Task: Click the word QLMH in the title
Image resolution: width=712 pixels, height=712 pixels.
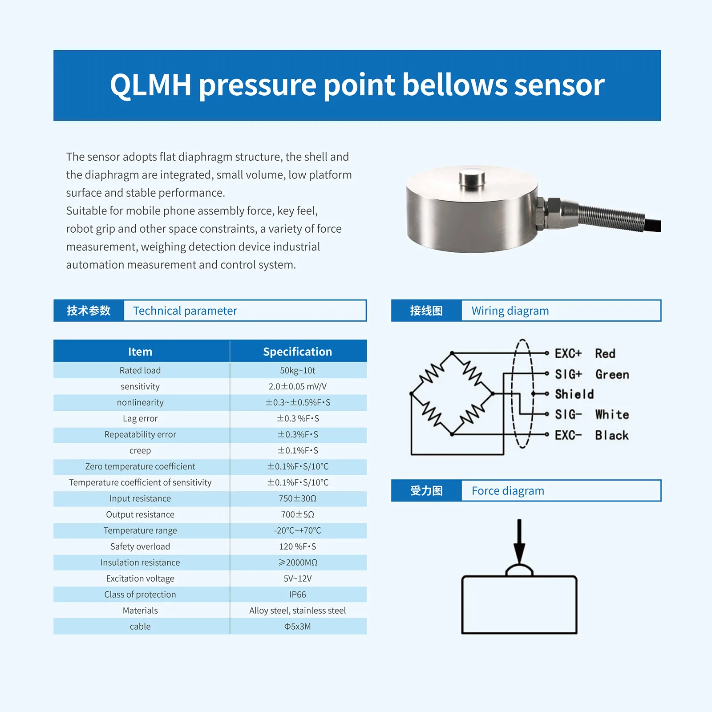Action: [x=151, y=85]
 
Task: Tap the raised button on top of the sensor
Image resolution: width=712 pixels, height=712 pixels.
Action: [x=472, y=178]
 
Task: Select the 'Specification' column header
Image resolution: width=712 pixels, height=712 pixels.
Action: [x=298, y=352]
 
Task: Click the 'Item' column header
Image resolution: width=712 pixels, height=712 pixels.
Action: [x=140, y=352]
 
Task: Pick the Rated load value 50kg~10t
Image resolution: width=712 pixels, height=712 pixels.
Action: [x=298, y=370]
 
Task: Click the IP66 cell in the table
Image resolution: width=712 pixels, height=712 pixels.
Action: [x=298, y=595]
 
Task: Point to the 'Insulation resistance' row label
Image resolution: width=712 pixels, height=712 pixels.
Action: [x=140, y=562]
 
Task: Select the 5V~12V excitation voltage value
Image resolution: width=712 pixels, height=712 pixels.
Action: [x=298, y=578]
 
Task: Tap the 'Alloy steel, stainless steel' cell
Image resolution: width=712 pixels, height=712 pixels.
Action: [x=298, y=611]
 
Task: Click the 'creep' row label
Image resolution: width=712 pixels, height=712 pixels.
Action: [x=140, y=451]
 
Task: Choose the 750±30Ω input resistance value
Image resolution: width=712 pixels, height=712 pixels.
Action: [x=298, y=498]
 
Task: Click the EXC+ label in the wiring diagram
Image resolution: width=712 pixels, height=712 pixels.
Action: [x=568, y=353]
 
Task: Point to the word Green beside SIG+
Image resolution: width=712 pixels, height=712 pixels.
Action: [x=612, y=374]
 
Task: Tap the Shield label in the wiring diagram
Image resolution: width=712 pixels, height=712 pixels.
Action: [x=574, y=394]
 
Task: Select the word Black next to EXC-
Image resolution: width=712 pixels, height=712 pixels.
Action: [x=612, y=435]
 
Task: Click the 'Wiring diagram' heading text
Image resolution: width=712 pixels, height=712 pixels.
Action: [x=510, y=311]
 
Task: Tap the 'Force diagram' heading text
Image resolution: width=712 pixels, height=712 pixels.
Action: [x=508, y=491]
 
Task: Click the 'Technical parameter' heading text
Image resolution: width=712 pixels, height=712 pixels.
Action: [x=185, y=311]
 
